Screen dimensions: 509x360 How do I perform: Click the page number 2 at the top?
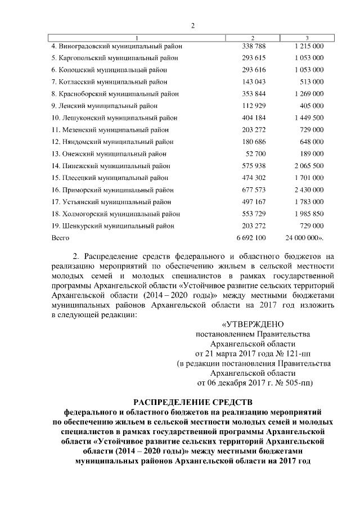[193, 25]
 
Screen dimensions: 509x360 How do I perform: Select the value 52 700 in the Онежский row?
[256, 154]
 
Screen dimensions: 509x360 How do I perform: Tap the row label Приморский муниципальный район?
[113, 190]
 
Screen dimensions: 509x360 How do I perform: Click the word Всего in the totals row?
[60, 238]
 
